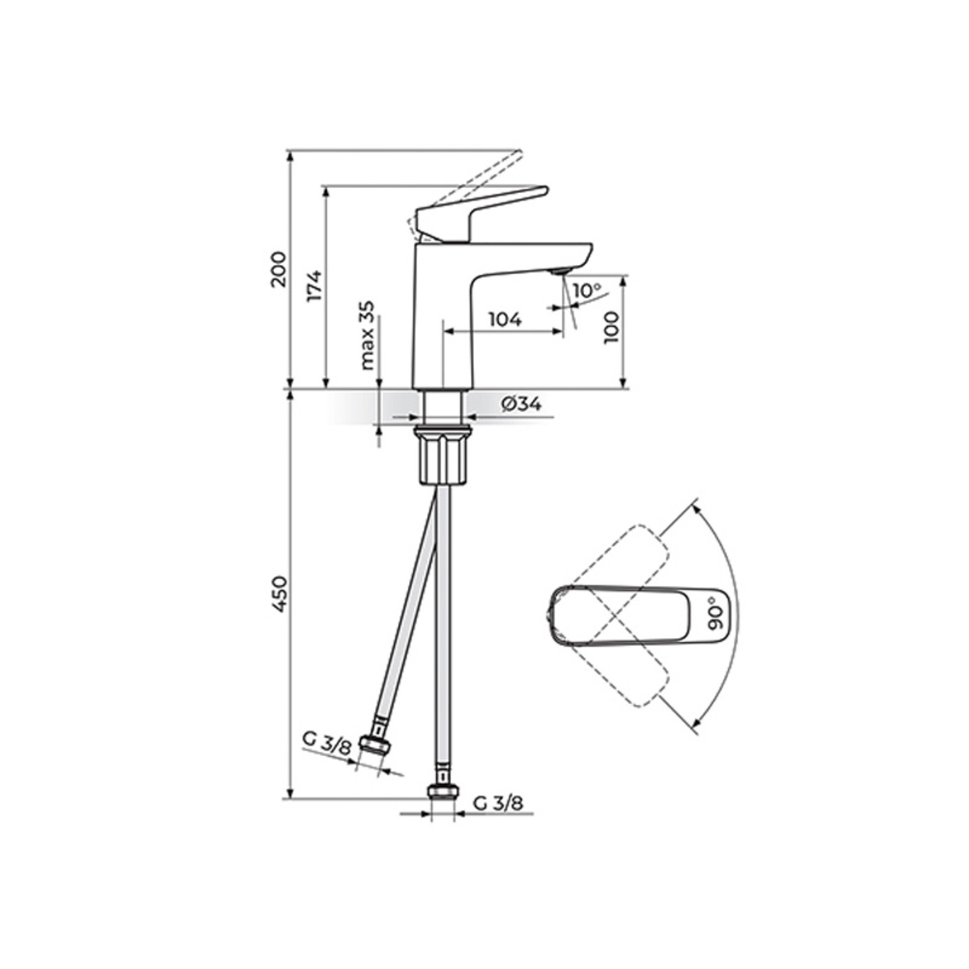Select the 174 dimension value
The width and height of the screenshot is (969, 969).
[x=314, y=286]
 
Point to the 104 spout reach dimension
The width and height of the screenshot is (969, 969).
[x=505, y=319]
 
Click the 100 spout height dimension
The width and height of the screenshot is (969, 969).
[x=611, y=328]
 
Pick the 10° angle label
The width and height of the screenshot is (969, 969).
[x=587, y=290]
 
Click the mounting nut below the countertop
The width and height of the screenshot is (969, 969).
[x=443, y=458]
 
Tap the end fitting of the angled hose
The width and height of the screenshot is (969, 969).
[x=373, y=745]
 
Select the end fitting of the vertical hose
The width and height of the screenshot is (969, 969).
[x=443, y=791]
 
